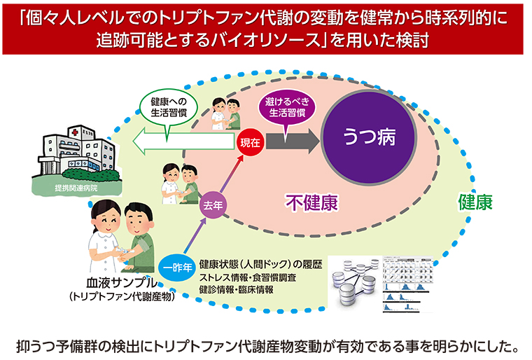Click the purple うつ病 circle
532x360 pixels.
point(370,136)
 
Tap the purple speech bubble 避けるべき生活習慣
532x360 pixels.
point(282,108)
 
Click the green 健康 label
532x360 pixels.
point(475,202)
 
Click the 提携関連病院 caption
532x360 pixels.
point(76,189)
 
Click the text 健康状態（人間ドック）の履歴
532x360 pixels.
point(260,265)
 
